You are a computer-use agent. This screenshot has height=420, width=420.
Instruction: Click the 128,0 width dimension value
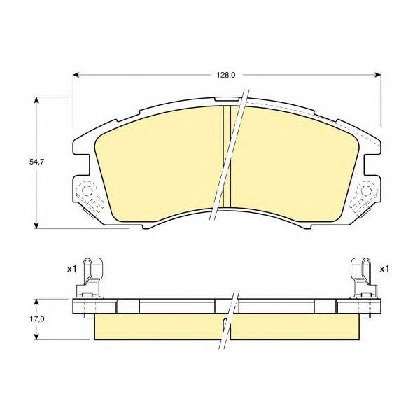tap(226, 76)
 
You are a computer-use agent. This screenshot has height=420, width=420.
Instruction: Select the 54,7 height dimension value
tap(36, 162)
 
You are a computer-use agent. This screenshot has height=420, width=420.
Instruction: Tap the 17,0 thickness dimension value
tap(36, 319)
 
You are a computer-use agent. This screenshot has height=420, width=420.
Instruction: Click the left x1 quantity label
tap(71, 269)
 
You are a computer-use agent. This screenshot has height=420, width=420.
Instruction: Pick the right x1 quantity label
tap(384, 269)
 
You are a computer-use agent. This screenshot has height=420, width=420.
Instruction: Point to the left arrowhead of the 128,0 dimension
tap(76, 75)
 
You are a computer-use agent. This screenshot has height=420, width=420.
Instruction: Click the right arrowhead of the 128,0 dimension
tap(378, 75)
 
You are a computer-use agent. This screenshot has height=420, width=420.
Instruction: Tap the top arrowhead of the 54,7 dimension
tap(36, 100)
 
